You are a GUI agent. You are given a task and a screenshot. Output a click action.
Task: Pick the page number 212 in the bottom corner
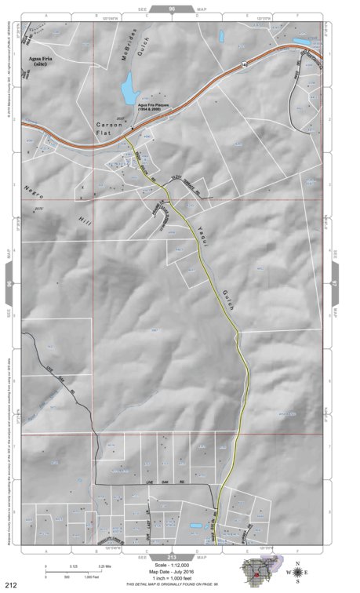[11, 584]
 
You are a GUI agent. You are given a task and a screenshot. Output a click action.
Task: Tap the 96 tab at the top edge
[171, 7]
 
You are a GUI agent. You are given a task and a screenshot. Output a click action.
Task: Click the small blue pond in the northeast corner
[301, 41]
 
